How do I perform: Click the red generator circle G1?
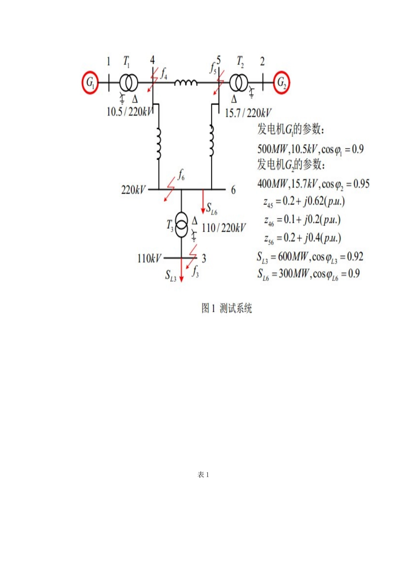[x=90, y=83]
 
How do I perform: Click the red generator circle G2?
[x=282, y=83]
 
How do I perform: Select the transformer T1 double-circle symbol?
[x=128, y=83]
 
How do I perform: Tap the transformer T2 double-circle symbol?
[x=239, y=83]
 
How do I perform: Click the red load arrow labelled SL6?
[x=204, y=202]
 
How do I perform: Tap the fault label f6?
[x=181, y=175]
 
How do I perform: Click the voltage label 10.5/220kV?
[x=129, y=112]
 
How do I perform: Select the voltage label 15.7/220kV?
[x=248, y=113]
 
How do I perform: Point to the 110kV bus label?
[x=149, y=259]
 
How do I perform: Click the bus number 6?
[x=233, y=190]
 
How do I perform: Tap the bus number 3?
[x=204, y=259]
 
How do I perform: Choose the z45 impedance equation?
[x=304, y=202]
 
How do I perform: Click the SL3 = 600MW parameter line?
[x=310, y=257]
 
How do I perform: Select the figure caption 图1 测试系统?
[x=226, y=308]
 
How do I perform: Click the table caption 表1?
[x=203, y=475]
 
